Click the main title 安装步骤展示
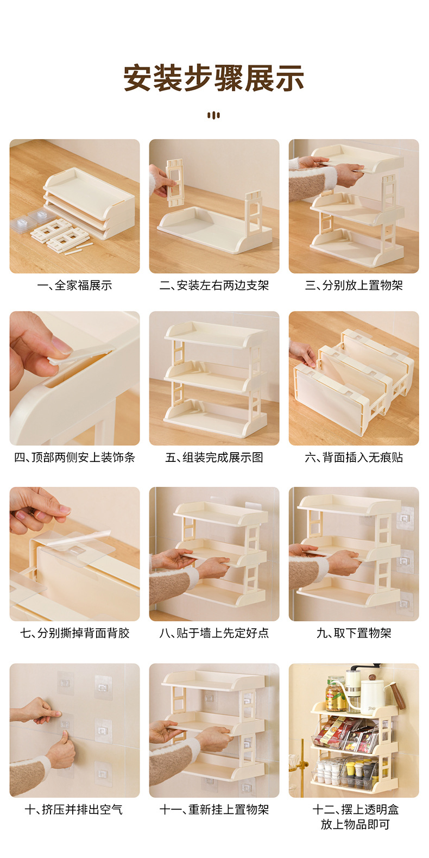click(214, 78)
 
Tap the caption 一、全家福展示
click(74, 285)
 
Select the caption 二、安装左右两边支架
click(214, 285)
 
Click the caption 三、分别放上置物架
click(354, 285)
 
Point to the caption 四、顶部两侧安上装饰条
click(74, 458)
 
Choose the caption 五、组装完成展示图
click(214, 458)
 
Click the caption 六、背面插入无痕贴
click(354, 458)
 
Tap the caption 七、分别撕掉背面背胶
click(74, 633)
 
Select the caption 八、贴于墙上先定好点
click(214, 633)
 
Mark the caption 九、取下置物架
click(354, 633)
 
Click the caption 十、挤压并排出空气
click(74, 810)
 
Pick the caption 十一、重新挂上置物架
click(214, 810)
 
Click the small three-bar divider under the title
click(214, 115)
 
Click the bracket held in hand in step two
click(174, 181)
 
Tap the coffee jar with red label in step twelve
click(335, 696)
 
